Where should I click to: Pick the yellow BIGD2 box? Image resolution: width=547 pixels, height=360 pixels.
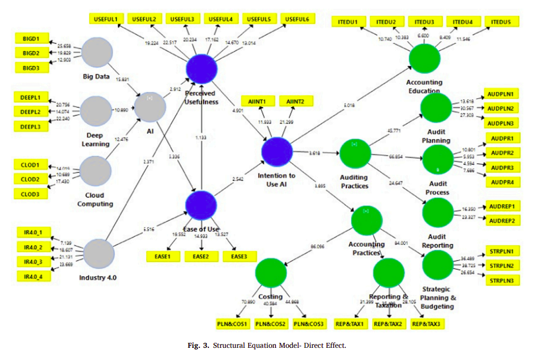(31, 53)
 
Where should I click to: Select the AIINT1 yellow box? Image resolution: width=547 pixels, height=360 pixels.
(258, 102)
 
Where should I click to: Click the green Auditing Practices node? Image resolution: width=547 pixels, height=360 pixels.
(355, 154)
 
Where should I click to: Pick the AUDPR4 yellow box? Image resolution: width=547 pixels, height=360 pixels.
(501, 182)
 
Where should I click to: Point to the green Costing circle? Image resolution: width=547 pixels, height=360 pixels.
(270, 274)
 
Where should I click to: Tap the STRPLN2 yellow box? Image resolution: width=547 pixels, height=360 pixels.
(502, 266)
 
